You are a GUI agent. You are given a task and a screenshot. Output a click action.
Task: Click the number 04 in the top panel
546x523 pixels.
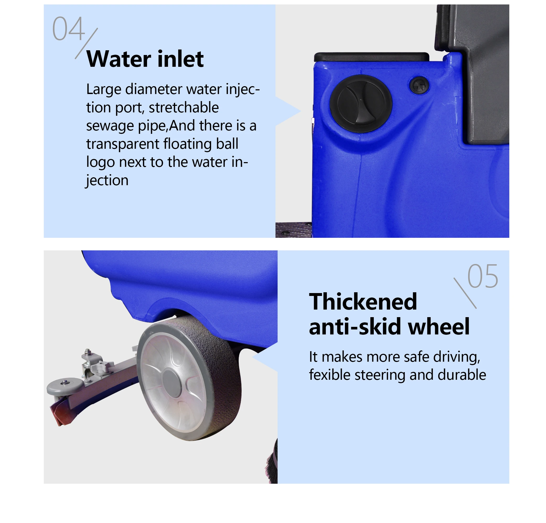(x=68, y=29)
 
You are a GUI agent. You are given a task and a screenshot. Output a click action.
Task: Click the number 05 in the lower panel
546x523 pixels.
(x=483, y=276)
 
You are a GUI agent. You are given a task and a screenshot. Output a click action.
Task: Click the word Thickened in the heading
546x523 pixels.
(x=363, y=302)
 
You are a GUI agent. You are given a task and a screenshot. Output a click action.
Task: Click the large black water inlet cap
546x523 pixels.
(x=360, y=103)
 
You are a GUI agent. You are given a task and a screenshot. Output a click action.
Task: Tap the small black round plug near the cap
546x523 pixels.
(x=419, y=84)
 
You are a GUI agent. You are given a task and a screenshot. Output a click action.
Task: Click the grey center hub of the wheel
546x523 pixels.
(x=172, y=382)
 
